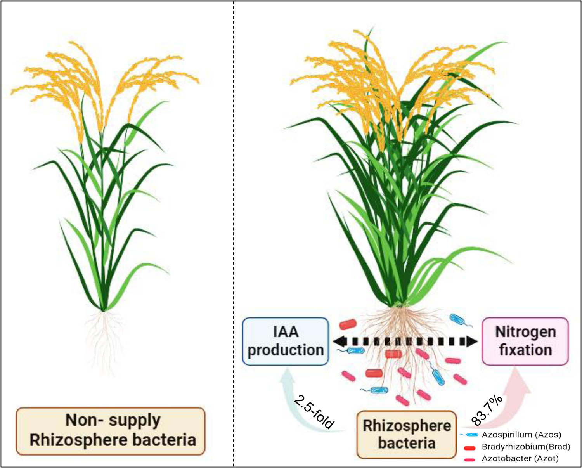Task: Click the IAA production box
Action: (286, 341)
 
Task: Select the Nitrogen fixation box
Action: (525, 341)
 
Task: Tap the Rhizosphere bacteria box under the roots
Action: (406, 434)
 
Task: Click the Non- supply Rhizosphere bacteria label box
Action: (111, 431)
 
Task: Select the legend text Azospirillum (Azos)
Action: (521, 435)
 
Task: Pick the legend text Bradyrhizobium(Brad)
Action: (526, 447)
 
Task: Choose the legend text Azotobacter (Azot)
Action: (520, 459)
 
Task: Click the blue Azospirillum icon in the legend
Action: (470, 435)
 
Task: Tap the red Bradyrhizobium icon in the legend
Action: (470, 448)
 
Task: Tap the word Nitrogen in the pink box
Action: (525, 332)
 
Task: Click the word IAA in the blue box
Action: (286, 332)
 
